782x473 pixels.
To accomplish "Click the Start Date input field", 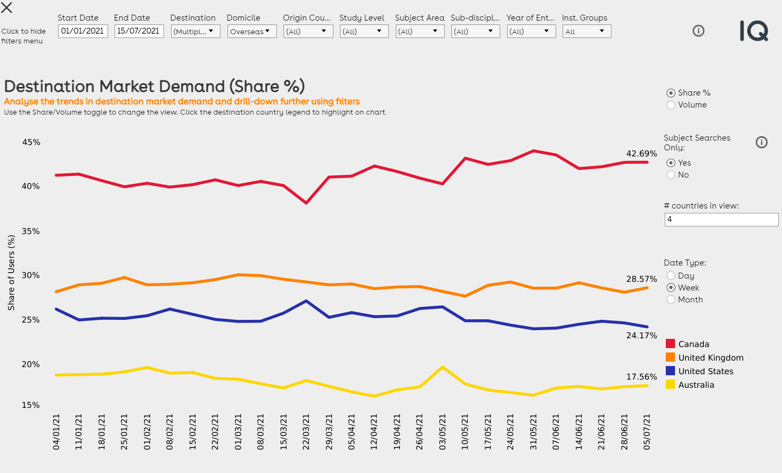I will pyautogui.click(x=83, y=31).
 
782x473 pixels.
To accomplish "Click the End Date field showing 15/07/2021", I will pyautogui.click(x=138, y=31).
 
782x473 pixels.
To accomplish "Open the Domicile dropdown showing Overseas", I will pyautogui.click(x=252, y=31).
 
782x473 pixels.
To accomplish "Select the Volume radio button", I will pyautogui.click(x=671, y=105).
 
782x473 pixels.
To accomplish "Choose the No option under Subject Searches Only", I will pyautogui.click(x=671, y=175).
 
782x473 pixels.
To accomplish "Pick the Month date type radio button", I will pyautogui.click(x=671, y=300).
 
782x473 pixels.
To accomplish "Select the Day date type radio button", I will pyautogui.click(x=671, y=276).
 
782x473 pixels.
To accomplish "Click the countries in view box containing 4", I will pyautogui.click(x=721, y=219).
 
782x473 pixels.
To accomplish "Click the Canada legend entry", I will pyautogui.click(x=693, y=344).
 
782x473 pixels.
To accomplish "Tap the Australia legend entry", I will pyautogui.click(x=696, y=385).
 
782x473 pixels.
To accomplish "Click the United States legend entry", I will pyautogui.click(x=705, y=371).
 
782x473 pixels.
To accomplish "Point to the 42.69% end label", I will pyautogui.click(x=641, y=154).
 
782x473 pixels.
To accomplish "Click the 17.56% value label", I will pyautogui.click(x=641, y=377).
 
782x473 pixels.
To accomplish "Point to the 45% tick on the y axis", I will pyautogui.click(x=31, y=142).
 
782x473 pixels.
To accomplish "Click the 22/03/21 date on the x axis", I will pyautogui.click(x=306, y=432).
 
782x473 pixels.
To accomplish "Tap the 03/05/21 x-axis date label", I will pyautogui.click(x=443, y=432).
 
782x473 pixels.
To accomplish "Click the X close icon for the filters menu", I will pyautogui.click(x=7, y=8).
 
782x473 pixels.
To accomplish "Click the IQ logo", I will pyautogui.click(x=754, y=31).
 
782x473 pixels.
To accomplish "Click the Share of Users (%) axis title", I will pyautogui.click(x=11, y=273).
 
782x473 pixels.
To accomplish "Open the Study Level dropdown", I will pyautogui.click(x=364, y=31).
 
